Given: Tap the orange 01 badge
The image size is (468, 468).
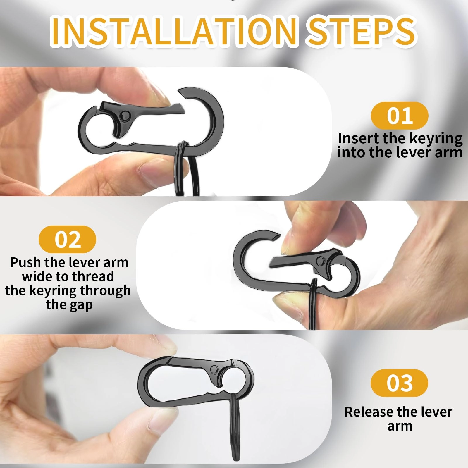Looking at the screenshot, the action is [x=400, y=116].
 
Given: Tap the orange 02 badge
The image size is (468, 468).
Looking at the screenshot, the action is [x=67, y=240].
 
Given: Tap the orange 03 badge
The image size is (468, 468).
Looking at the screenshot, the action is [x=400, y=383].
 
